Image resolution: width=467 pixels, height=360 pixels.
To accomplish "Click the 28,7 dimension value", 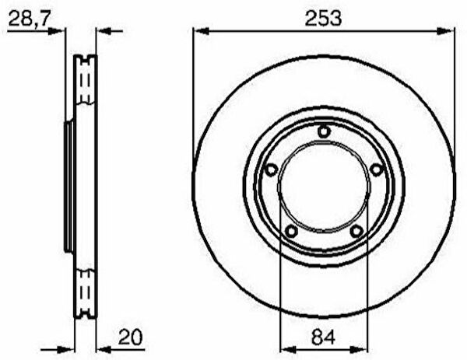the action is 28,18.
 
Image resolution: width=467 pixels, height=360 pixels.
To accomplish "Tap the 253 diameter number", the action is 324,18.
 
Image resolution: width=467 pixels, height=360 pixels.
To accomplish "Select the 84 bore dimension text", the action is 324,337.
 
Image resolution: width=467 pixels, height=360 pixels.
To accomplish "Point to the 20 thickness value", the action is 131,337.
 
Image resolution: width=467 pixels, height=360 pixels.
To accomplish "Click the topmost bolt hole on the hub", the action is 324,131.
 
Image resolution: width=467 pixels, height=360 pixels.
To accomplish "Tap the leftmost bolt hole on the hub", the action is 271,170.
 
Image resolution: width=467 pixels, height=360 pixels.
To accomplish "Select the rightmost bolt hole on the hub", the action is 377,170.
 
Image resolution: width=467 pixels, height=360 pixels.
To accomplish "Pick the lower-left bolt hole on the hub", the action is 291,231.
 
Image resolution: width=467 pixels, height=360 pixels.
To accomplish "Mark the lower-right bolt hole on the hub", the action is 356,231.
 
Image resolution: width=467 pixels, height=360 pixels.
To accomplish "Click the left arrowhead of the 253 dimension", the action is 201,31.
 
